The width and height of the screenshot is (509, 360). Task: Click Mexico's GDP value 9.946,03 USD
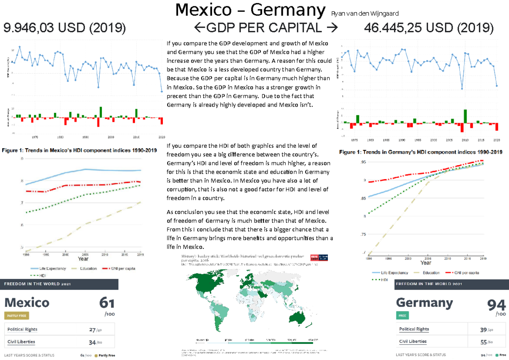[x=64, y=28]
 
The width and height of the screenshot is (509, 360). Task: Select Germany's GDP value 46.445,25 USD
[x=429, y=28]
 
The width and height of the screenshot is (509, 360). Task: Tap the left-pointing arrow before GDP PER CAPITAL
[x=199, y=28]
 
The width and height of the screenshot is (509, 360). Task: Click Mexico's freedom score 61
[x=106, y=303]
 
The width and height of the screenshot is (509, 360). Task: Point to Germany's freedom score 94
[x=496, y=305]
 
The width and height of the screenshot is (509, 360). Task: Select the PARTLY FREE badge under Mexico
[x=17, y=315]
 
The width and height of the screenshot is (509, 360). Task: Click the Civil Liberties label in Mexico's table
[x=21, y=342]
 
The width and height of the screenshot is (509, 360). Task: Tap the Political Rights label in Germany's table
[x=414, y=329]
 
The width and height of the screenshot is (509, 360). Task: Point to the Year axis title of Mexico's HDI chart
[x=83, y=258]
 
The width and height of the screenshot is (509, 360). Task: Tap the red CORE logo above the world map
[x=314, y=257]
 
